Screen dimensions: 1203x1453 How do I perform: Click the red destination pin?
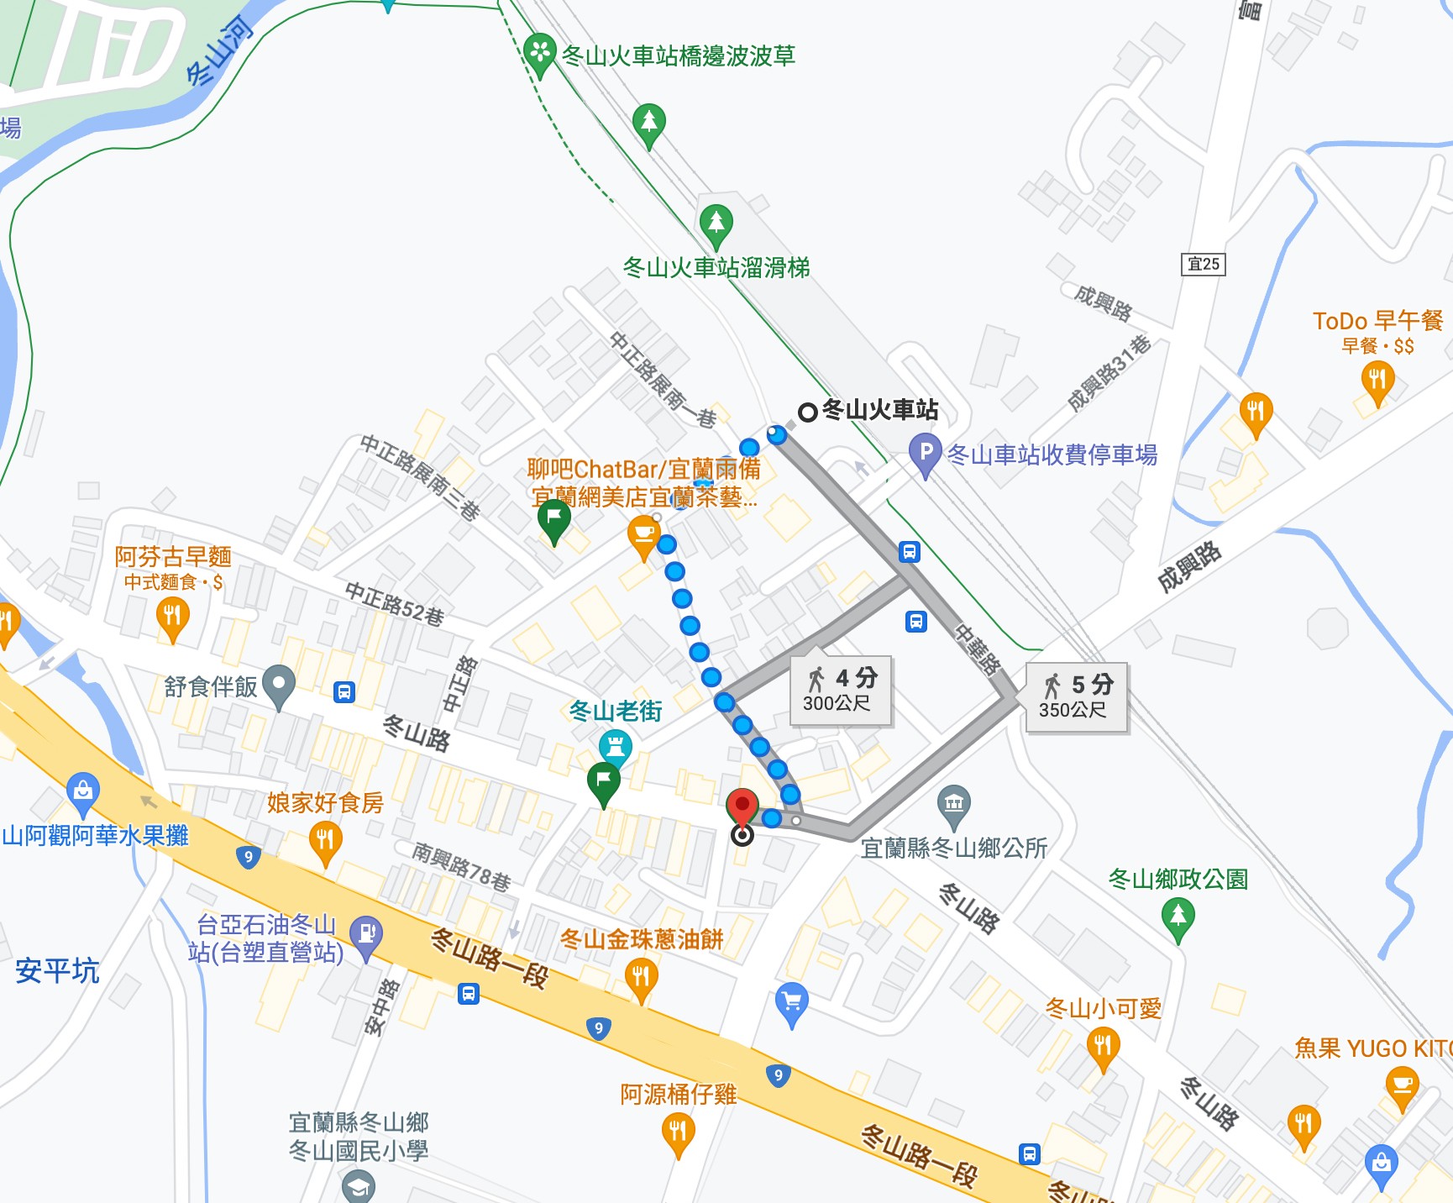742,807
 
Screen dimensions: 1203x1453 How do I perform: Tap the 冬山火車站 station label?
879,410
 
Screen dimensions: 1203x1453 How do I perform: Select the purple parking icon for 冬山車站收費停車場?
925,454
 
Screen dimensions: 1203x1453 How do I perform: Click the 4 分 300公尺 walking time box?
840,690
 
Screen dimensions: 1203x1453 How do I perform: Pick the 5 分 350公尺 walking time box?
1076,696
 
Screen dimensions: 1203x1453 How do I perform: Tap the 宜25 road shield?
1203,264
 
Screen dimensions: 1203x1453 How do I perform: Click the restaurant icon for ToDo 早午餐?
1377,380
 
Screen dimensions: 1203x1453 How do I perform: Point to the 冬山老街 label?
616,712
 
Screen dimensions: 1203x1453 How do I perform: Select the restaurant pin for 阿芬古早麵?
172,616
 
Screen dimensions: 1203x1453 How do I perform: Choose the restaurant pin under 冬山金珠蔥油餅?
641,977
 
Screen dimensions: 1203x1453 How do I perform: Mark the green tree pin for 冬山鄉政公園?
1178,915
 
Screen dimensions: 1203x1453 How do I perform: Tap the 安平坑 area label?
57,971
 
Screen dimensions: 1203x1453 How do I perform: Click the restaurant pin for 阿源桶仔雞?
678,1132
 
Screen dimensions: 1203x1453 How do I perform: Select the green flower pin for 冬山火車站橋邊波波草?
539,53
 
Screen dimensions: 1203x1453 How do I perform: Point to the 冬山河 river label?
219,52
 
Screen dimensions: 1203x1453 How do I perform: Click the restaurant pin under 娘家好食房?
325,840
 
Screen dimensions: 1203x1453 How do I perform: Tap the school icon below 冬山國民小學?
359,1187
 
